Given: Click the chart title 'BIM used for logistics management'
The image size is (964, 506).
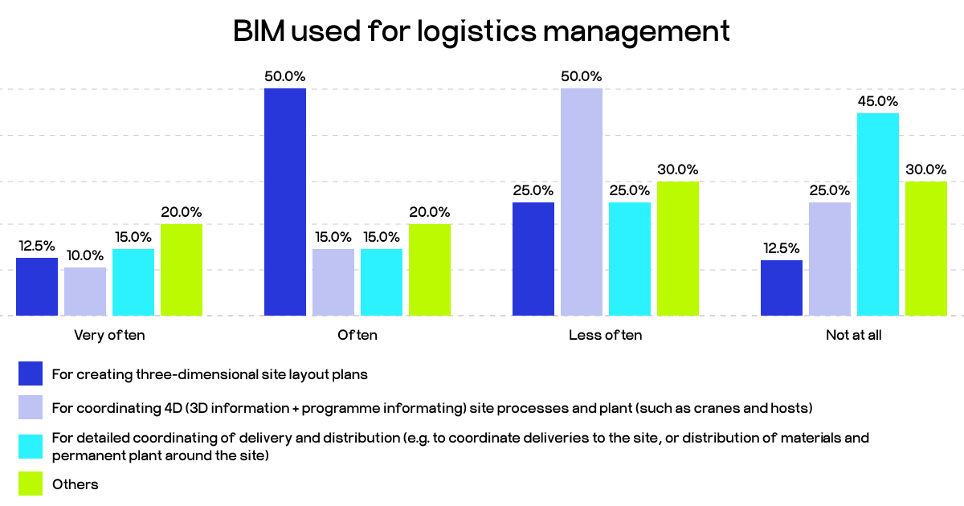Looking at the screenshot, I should [481, 31].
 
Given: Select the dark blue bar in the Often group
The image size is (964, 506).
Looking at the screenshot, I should [285, 202].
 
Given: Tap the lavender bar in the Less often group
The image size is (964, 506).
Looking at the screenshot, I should [582, 202].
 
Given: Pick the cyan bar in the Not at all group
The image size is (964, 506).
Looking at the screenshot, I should [878, 214].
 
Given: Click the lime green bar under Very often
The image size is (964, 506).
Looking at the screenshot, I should [182, 270].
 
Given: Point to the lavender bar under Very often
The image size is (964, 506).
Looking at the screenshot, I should [85, 291].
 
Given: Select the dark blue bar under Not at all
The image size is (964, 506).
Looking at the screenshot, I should [782, 288].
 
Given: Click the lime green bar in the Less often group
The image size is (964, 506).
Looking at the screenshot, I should [678, 248].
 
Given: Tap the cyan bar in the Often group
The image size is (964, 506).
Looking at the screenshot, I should [382, 282].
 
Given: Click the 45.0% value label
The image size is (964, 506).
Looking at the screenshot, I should [878, 102].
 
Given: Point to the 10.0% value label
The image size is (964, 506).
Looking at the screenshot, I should [85, 256].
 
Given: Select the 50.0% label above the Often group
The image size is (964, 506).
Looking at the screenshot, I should [285, 77].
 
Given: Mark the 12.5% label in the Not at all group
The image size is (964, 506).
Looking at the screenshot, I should [782, 249].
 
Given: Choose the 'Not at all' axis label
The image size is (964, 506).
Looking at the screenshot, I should [853, 336].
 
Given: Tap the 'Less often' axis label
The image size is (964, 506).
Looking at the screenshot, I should [605, 336].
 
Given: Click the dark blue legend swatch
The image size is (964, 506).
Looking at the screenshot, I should [31, 373].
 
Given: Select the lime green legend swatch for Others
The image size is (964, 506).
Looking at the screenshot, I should [31, 484].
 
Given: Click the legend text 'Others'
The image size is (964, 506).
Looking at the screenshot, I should [75, 484].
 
